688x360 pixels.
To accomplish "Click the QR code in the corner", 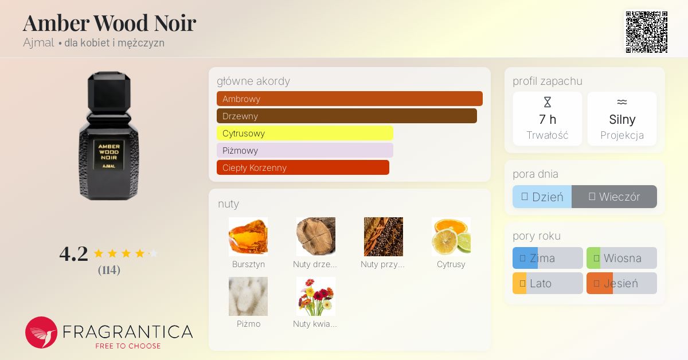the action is pyautogui.click(x=647, y=32).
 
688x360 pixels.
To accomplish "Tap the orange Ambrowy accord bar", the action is pyautogui.click(x=350, y=99).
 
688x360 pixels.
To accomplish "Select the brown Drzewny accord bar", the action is pyautogui.click(x=347, y=116).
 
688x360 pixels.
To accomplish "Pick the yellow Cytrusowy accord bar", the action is pyautogui.click(x=304, y=134).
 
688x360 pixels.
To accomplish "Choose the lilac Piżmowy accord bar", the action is pyautogui.click(x=304, y=151).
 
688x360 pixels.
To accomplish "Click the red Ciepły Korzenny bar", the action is pyautogui.click(x=303, y=168).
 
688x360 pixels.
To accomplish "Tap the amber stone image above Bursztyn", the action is pyautogui.click(x=248, y=237).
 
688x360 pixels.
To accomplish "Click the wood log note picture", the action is pyautogui.click(x=316, y=237).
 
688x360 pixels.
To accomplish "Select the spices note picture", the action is pyautogui.click(x=384, y=237).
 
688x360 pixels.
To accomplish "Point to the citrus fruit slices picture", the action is pyautogui.click(x=451, y=237).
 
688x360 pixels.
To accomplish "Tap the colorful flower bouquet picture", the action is pyautogui.click(x=316, y=296).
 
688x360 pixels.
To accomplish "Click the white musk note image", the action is pyautogui.click(x=248, y=296).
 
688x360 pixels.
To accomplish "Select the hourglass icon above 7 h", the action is pyautogui.click(x=548, y=102).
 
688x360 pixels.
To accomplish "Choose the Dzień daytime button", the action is pyautogui.click(x=542, y=197).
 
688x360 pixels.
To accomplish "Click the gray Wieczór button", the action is pyautogui.click(x=614, y=197).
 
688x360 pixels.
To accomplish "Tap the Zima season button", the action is pyautogui.click(x=548, y=258).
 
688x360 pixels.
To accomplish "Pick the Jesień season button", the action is pyautogui.click(x=621, y=283).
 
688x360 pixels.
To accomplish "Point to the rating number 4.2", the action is pyautogui.click(x=74, y=254).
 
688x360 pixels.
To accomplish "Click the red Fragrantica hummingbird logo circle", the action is pyautogui.click(x=41, y=332).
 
